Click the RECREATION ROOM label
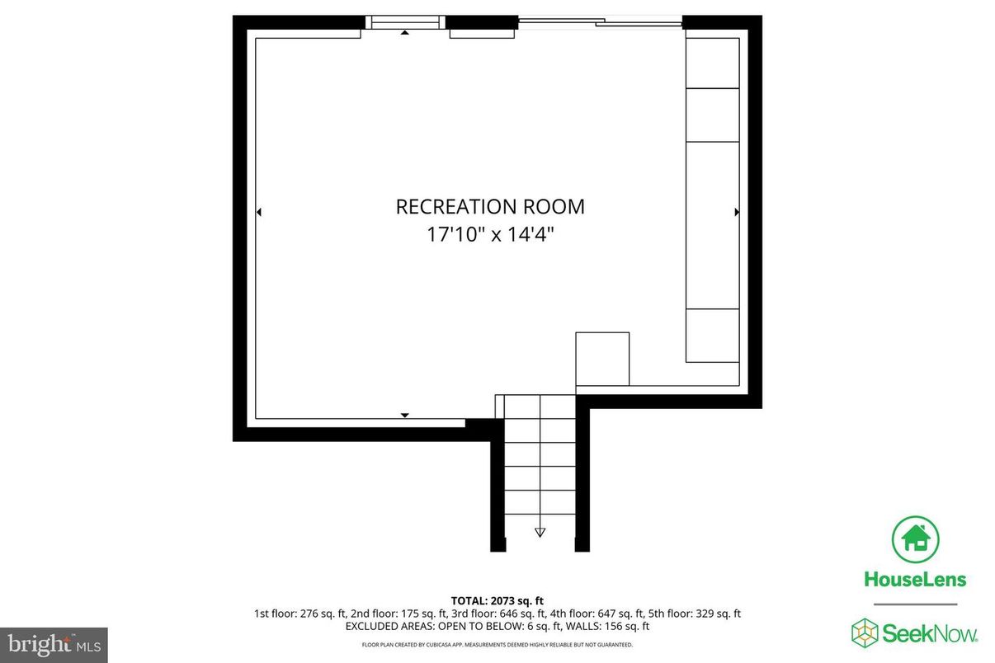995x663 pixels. (x=490, y=206)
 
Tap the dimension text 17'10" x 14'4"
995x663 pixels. (x=490, y=234)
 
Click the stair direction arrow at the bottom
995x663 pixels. (x=540, y=532)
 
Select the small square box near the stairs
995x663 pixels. (x=602, y=358)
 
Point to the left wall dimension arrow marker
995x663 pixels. (x=259, y=213)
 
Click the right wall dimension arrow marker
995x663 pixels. (x=737, y=213)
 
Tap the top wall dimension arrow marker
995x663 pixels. (x=404, y=33)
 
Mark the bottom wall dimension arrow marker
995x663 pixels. (x=404, y=415)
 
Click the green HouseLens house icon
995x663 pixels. (x=915, y=538)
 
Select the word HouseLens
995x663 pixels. (x=915, y=579)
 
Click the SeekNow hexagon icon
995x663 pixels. (x=865, y=632)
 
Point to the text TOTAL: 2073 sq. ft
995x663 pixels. (x=497, y=600)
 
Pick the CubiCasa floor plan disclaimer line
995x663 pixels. (x=497, y=644)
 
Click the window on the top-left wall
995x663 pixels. (x=404, y=22)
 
